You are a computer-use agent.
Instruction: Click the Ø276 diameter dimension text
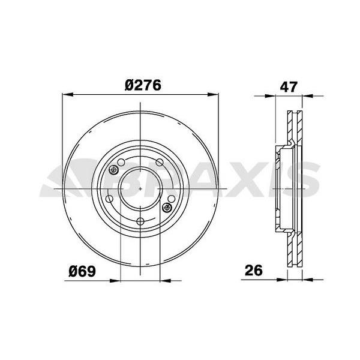[x=143, y=86]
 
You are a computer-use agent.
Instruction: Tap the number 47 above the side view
[x=289, y=86]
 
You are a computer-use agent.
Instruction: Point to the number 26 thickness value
[x=254, y=271]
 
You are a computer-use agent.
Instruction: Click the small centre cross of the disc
[x=140, y=188]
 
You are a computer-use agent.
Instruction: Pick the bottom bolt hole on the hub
[x=140, y=222]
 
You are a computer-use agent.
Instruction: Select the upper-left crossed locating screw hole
[x=114, y=171]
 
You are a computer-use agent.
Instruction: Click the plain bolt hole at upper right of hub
[x=160, y=162]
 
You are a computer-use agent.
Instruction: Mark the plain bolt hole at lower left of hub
[x=110, y=200]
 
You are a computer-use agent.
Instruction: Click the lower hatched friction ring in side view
[x=295, y=249]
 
